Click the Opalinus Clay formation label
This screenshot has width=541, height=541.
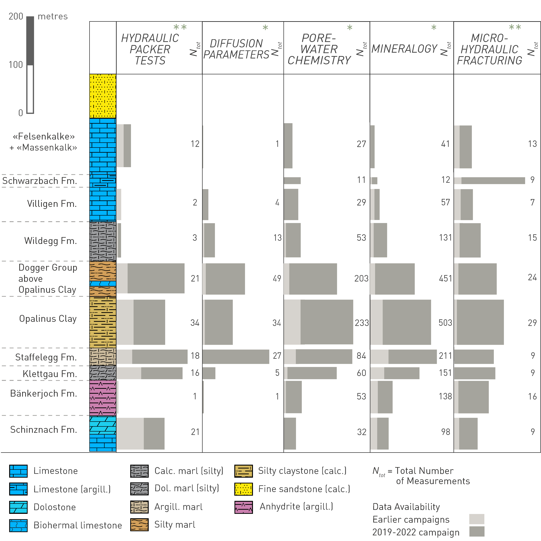(x=48, y=319)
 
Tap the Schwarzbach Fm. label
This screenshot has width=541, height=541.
(x=40, y=181)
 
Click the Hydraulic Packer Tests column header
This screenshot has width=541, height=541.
(x=150, y=49)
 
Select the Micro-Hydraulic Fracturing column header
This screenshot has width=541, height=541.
(x=489, y=49)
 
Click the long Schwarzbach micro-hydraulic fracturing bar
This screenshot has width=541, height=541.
(x=493, y=181)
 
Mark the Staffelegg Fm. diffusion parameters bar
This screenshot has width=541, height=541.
(x=236, y=356)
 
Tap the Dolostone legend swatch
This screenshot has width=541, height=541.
(x=18, y=507)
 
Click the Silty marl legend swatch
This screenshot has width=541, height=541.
(x=139, y=525)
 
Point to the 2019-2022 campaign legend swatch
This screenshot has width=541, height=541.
(x=477, y=532)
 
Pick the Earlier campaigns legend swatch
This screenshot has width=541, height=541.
(x=477, y=519)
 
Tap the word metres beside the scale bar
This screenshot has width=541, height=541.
(x=53, y=16)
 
